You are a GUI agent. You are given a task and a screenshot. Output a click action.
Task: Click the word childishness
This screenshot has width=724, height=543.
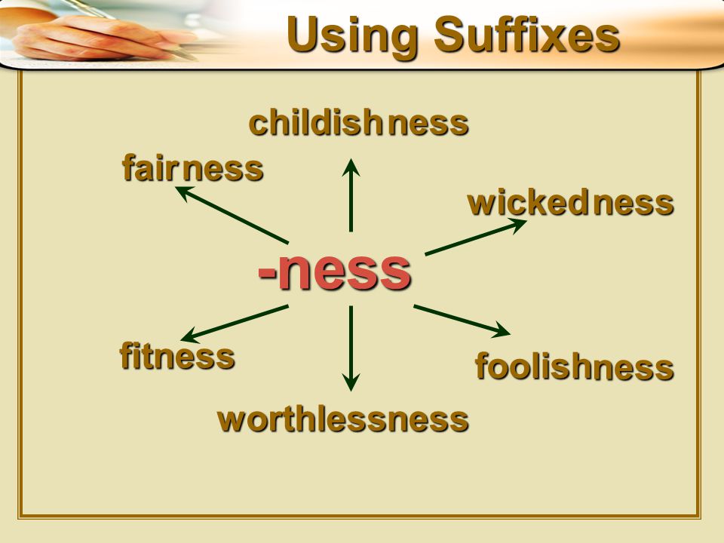[358, 124]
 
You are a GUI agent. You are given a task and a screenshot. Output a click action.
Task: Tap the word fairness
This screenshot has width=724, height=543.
[192, 169]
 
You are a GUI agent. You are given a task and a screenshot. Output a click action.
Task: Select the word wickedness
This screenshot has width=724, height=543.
[570, 204]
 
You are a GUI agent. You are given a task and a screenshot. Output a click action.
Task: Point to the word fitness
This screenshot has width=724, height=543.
[176, 357]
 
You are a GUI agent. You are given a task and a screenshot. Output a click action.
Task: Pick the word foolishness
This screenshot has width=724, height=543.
[573, 368]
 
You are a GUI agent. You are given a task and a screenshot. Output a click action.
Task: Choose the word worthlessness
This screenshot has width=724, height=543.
[342, 420]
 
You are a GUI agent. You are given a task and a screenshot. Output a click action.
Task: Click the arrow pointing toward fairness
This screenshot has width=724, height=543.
[232, 215]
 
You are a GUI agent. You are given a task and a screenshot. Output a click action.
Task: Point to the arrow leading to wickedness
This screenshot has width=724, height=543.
[475, 237]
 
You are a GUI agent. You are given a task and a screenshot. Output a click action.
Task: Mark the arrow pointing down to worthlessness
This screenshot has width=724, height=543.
[351, 347]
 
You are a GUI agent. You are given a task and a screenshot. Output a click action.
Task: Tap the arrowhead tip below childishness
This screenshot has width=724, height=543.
[351, 159]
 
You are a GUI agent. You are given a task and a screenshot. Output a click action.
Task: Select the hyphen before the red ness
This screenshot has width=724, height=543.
[266, 273]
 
